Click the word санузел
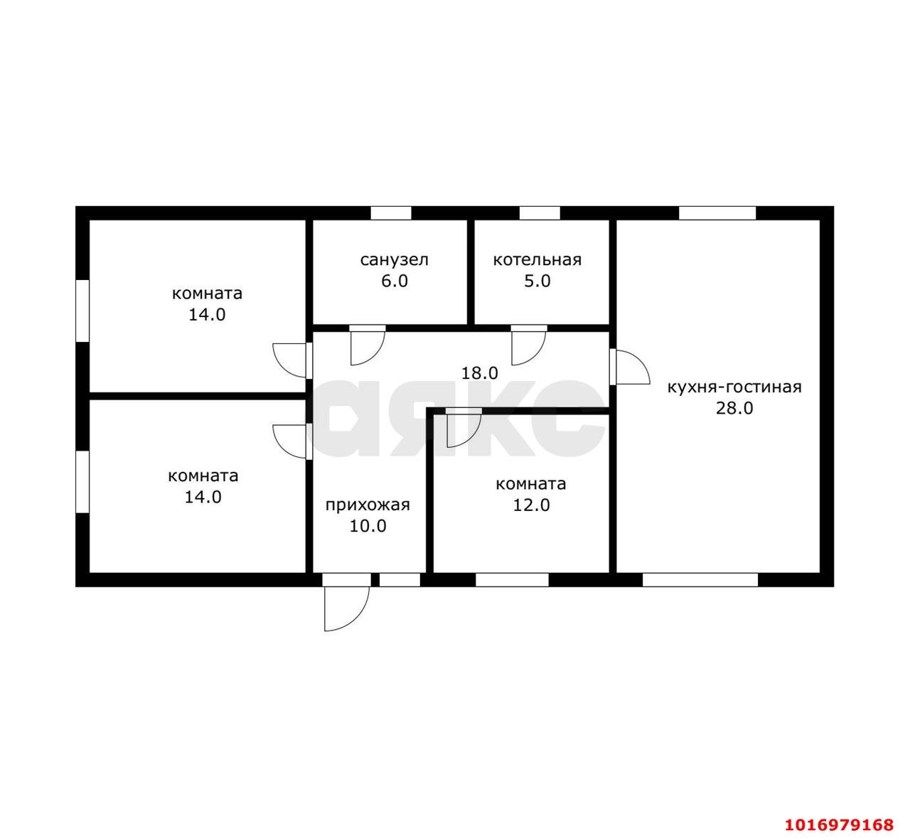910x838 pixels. tap(394, 260)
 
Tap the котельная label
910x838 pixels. tap(537, 260)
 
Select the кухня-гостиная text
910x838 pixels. tap(734, 387)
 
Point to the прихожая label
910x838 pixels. tap(368, 505)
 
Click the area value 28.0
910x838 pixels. tap(734, 408)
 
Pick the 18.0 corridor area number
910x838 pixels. tap(479, 373)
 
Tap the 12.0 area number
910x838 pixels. tap(531, 505)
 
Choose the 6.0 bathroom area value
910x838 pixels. tap(394, 281)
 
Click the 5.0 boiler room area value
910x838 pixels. tap(537, 281)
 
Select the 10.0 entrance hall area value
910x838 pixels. tap(368, 526)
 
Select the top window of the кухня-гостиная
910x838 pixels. tap(717, 213)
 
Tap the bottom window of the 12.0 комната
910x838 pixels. tap(512, 580)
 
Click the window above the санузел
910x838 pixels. tap(390, 213)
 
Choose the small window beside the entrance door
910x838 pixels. tap(400, 580)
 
